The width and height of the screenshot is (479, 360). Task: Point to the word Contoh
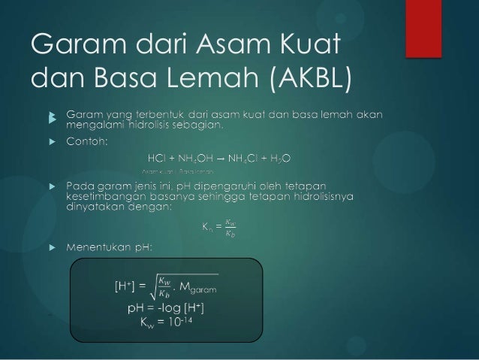point(87,141)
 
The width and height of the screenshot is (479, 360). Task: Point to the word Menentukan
point(98,246)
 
